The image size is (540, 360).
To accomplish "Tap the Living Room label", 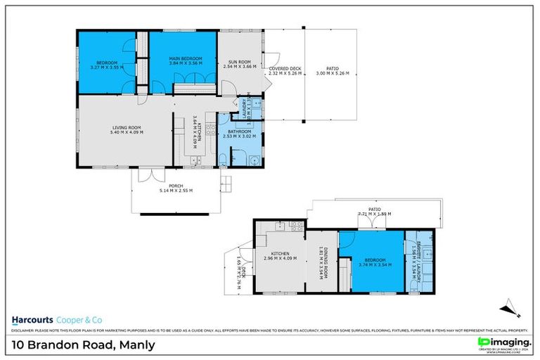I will coord(127,127).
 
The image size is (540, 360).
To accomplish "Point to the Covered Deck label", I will coord(285,67).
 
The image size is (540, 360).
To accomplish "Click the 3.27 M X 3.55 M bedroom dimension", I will coord(107,67).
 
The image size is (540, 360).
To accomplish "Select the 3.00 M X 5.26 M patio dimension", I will coord(332,72).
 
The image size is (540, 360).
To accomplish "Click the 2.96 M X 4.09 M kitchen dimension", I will coord(280,258).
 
